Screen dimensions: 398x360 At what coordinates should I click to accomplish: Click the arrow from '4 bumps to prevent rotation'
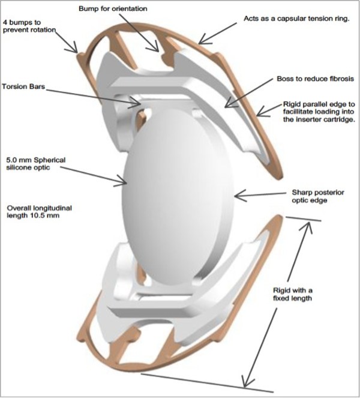[x=69, y=43]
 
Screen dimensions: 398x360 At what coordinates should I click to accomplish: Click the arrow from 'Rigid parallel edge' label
[x=270, y=110]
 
